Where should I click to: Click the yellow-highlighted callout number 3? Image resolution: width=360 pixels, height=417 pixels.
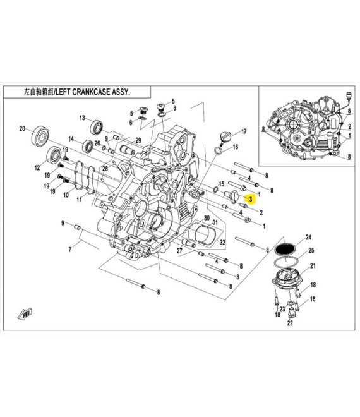[x=251, y=198]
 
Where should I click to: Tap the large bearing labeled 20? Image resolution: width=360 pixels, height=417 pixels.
[x=40, y=136]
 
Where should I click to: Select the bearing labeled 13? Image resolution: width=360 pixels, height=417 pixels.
[x=96, y=128]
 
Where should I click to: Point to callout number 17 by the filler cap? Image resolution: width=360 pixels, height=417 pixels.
[x=244, y=131]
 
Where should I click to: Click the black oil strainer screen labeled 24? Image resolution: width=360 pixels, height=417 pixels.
[x=285, y=249]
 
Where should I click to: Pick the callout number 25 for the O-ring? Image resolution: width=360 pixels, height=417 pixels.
[x=311, y=250]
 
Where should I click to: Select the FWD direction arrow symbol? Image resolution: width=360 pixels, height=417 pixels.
[x=25, y=315]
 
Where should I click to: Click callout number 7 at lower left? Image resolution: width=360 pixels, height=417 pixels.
[x=70, y=250]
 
